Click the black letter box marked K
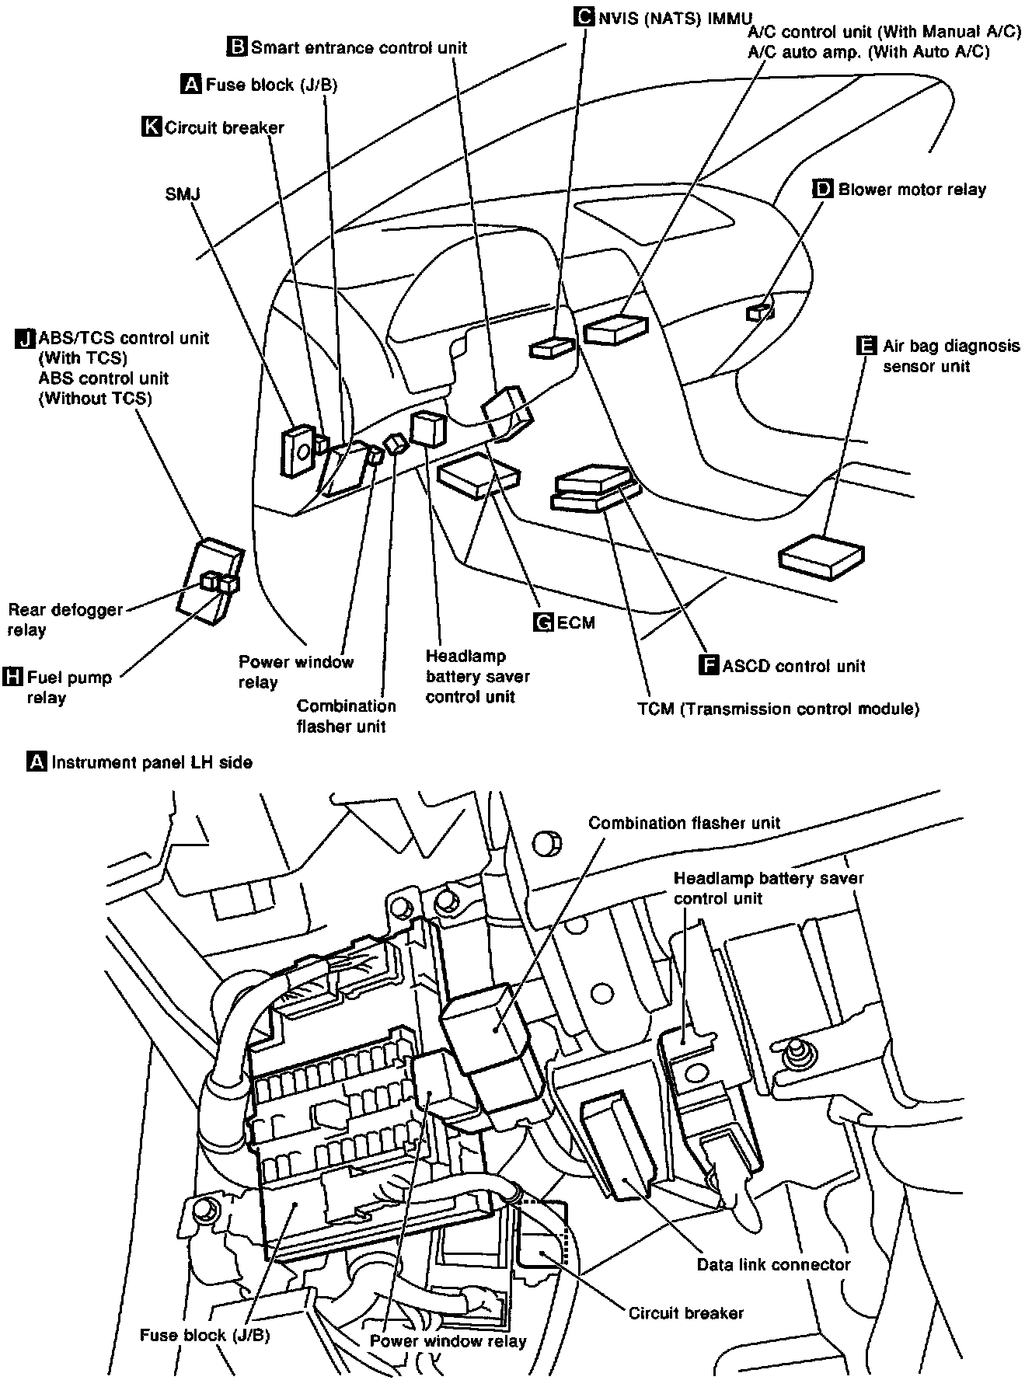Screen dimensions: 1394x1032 tap(152, 127)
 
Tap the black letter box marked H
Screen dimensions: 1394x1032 tap(13, 676)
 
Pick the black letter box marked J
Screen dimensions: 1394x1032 tap(25, 339)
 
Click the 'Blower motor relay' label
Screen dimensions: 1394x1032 tap(912, 190)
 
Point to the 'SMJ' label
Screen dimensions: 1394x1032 tap(183, 193)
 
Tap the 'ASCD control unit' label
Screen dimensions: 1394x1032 tap(793, 666)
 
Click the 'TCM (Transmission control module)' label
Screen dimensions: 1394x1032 tap(778, 709)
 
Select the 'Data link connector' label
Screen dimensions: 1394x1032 tap(773, 1265)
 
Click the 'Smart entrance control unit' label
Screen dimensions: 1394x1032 tap(359, 47)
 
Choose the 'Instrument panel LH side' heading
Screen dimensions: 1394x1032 tap(152, 762)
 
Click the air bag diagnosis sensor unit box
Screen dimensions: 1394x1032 tap(822, 556)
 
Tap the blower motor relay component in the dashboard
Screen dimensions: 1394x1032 tap(759, 312)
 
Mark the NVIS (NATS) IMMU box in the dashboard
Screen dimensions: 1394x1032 tap(553, 348)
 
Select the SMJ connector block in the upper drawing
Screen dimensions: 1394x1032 tap(295, 451)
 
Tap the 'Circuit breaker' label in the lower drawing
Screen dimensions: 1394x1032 tap(685, 1313)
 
